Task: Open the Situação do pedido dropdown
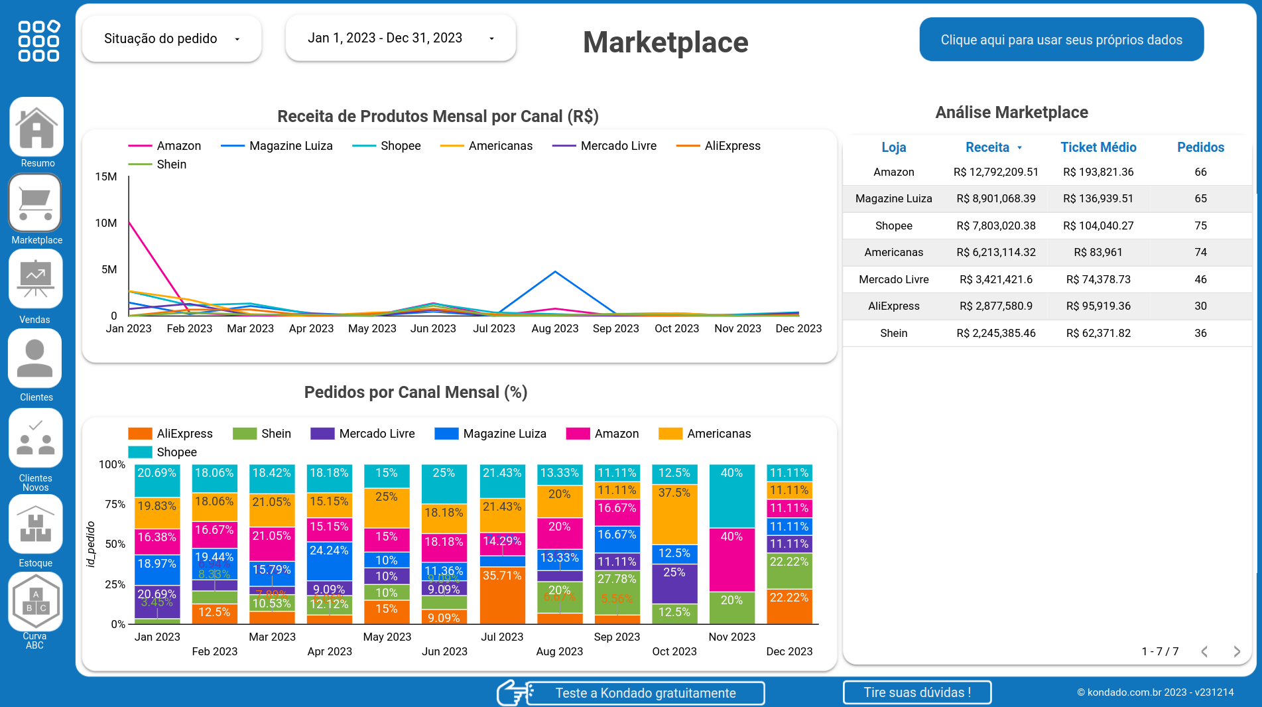(x=172, y=39)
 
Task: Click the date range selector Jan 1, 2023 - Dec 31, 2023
(x=401, y=38)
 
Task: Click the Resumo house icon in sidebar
(x=36, y=127)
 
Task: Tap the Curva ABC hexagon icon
(x=36, y=602)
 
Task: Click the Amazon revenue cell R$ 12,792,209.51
(x=995, y=172)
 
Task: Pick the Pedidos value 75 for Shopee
(x=1200, y=225)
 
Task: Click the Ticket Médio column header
(x=1098, y=147)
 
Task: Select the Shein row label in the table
(x=893, y=333)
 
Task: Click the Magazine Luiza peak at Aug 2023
(x=555, y=272)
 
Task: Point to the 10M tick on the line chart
(x=106, y=223)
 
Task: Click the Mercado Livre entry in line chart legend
(x=604, y=146)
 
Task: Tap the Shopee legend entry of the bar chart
(x=162, y=452)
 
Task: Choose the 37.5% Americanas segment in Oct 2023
(x=674, y=515)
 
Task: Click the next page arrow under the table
(x=1236, y=651)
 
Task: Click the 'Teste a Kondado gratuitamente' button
(x=645, y=693)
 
